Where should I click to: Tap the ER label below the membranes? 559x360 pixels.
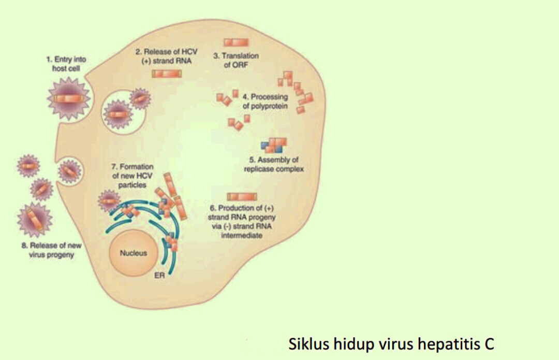click(159, 276)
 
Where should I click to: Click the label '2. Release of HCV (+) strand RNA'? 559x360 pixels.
click(166, 56)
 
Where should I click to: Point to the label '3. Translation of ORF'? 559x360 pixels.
click(236, 59)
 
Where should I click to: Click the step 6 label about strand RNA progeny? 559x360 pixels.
click(242, 222)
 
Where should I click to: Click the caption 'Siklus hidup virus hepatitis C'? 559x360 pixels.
click(391, 343)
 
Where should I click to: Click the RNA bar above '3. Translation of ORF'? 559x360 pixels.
click(236, 42)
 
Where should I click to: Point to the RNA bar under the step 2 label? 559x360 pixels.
click(166, 74)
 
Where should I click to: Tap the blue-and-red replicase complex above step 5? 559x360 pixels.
click(274, 145)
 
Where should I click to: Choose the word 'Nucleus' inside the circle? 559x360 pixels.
click(133, 253)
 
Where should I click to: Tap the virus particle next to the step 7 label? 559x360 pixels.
click(109, 200)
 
